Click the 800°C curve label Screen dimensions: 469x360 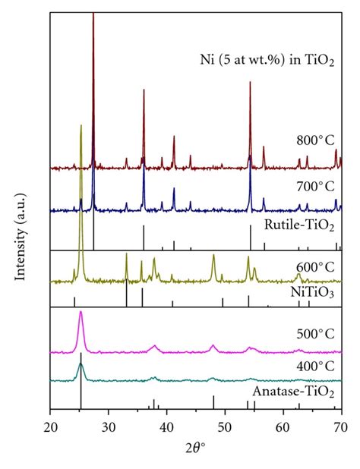(x=315, y=140)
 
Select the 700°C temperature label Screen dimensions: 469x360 (x=315, y=185)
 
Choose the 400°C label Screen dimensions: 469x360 (x=314, y=366)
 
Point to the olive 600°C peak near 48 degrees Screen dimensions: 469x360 (x=213, y=257)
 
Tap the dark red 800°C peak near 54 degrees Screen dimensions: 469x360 (x=250, y=83)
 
